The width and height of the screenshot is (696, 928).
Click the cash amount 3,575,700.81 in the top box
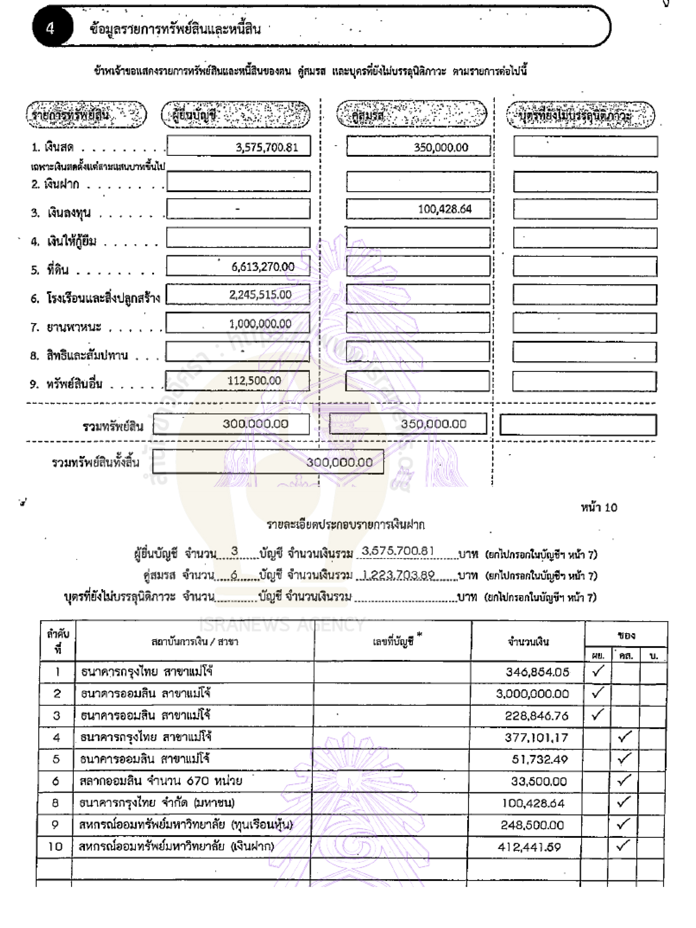[x=267, y=147]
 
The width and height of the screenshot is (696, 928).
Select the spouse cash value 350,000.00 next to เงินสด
[x=441, y=147]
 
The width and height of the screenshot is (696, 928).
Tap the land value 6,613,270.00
[x=263, y=267]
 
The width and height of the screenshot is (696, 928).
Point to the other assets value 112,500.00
[x=254, y=380]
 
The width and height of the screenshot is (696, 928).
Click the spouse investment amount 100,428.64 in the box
[x=445, y=209]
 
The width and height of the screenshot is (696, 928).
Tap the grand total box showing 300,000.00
[x=339, y=462]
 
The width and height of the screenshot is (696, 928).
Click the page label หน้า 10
[x=599, y=508]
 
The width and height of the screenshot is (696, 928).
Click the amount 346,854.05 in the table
[x=537, y=672]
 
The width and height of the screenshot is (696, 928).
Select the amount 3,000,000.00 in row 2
[x=533, y=694]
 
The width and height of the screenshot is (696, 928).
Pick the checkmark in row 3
[x=598, y=715]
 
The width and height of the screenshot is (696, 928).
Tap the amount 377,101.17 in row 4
[x=536, y=738]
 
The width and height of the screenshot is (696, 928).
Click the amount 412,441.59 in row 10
[x=529, y=847]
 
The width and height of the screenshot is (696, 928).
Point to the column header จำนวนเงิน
[x=528, y=641]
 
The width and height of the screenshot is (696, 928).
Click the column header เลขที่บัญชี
[x=393, y=641]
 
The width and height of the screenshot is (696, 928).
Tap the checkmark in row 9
[x=623, y=824]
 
